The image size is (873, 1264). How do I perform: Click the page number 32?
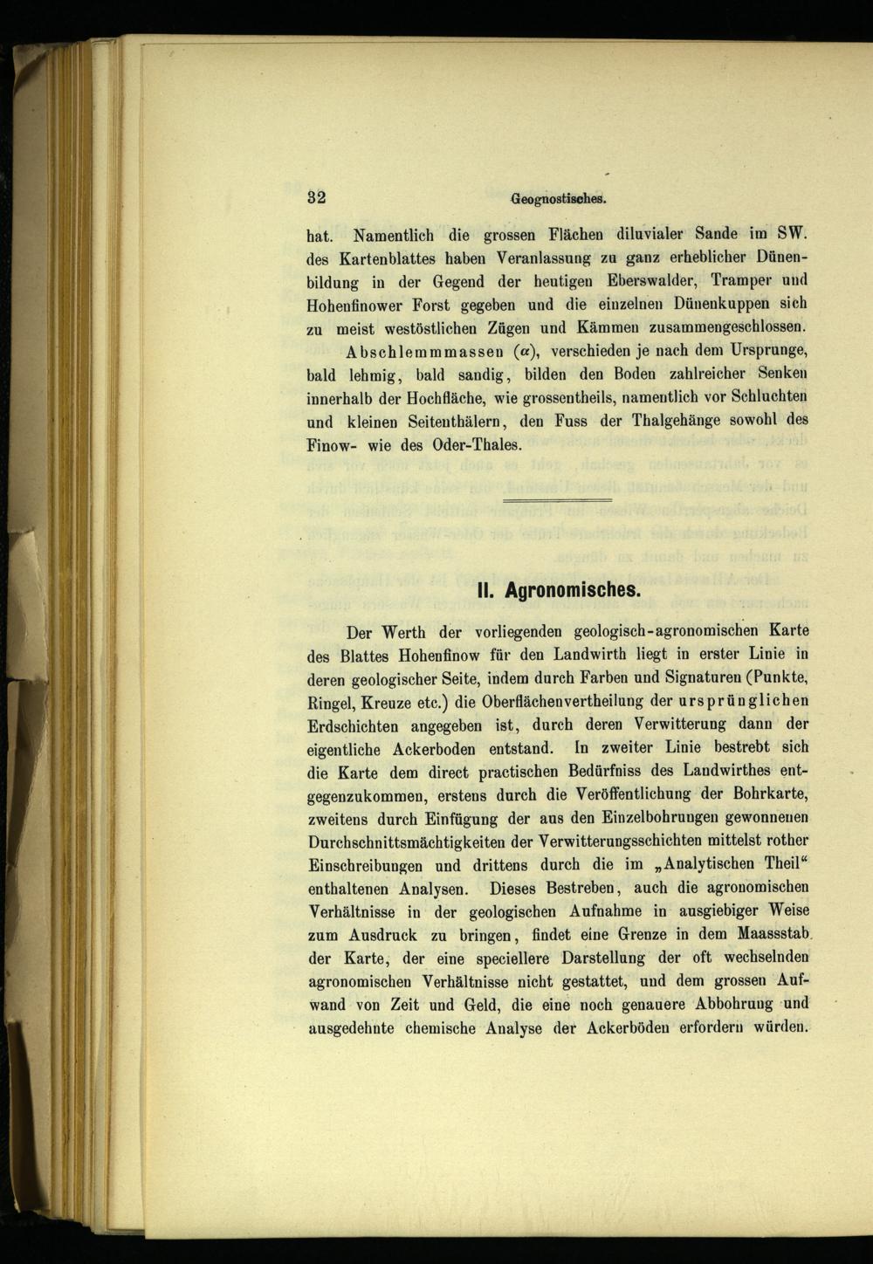pyautogui.click(x=316, y=197)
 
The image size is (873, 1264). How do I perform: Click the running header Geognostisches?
pyautogui.click(x=558, y=198)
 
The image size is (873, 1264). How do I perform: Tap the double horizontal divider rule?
pyautogui.click(x=558, y=499)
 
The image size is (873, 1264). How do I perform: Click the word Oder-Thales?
pyautogui.click(x=477, y=444)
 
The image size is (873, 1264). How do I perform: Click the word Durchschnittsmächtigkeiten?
pyautogui.click(x=407, y=842)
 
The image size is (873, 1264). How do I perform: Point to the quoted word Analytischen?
pyautogui.click(x=714, y=865)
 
